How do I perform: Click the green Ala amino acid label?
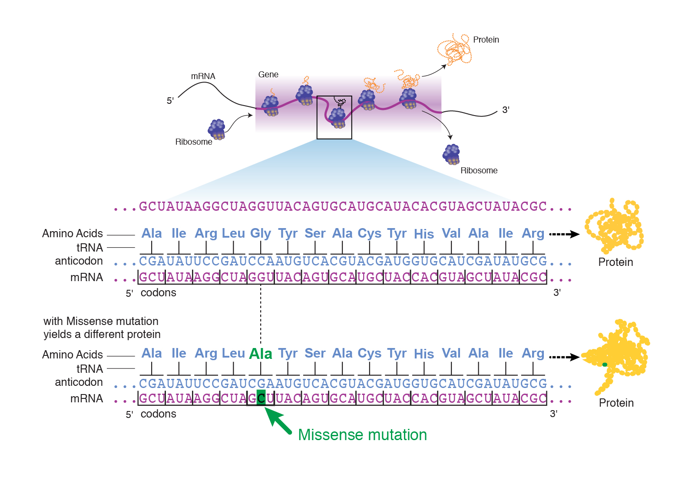(260, 354)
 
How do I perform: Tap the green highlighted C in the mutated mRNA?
(261, 397)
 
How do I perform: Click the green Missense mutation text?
(362, 434)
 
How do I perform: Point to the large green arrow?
(278, 421)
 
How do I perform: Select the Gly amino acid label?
(260, 233)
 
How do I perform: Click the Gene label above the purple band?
(268, 74)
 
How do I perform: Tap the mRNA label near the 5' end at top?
(203, 76)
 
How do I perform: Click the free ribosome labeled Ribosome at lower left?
(216, 129)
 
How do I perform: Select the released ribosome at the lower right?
(451, 154)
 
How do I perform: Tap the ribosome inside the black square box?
(337, 118)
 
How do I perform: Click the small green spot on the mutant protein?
(605, 364)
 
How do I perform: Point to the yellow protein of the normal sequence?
(614, 226)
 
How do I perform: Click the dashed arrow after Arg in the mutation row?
(564, 357)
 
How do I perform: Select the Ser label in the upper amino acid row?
(315, 233)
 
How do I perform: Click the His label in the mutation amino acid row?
(424, 354)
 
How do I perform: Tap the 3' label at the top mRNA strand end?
(506, 110)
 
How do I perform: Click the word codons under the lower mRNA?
(158, 414)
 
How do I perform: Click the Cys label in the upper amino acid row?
(369, 233)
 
